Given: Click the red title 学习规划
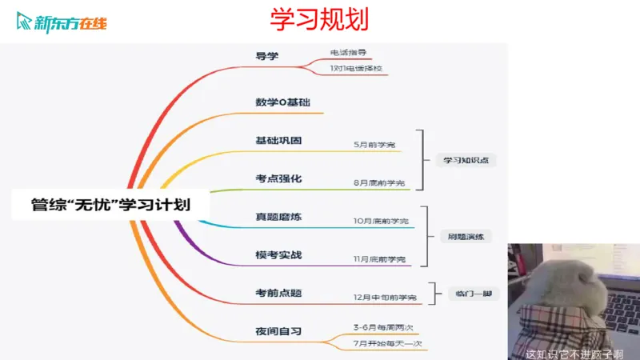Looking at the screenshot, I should point(318,20).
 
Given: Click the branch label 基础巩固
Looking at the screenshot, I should point(278,140).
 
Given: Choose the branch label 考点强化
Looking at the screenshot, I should point(278,178).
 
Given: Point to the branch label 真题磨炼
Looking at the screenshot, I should point(278,217).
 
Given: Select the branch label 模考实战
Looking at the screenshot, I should point(278,254).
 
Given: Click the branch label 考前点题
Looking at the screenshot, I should point(278,293).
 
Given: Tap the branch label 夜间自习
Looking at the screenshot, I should point(278,331).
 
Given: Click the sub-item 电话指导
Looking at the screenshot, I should point(348,52).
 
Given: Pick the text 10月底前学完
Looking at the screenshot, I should point(381,221).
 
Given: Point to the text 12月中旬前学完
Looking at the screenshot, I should point(385,298).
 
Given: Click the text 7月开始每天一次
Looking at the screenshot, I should point(387,343).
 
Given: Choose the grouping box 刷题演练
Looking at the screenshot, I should point(465,237).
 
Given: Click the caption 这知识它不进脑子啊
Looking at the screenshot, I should point(574,352).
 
